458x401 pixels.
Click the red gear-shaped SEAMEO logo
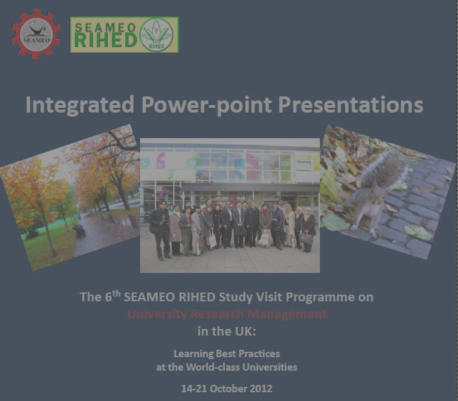pos(36,34)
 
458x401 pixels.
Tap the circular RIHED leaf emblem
pos(156,34)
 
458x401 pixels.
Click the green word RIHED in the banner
pos(106,40)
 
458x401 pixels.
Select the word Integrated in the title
pos(79,104)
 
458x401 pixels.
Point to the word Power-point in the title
pos(207,104)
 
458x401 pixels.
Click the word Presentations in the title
pos(350,104)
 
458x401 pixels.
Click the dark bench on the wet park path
pos(79,230)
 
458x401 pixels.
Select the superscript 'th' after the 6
pos(117,293)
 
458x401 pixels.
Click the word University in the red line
pos(157,314)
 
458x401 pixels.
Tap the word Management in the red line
pos(287,314)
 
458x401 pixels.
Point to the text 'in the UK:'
pos(227,331)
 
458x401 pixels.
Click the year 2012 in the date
pos(261,389)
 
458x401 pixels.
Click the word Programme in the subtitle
pos(320,297)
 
